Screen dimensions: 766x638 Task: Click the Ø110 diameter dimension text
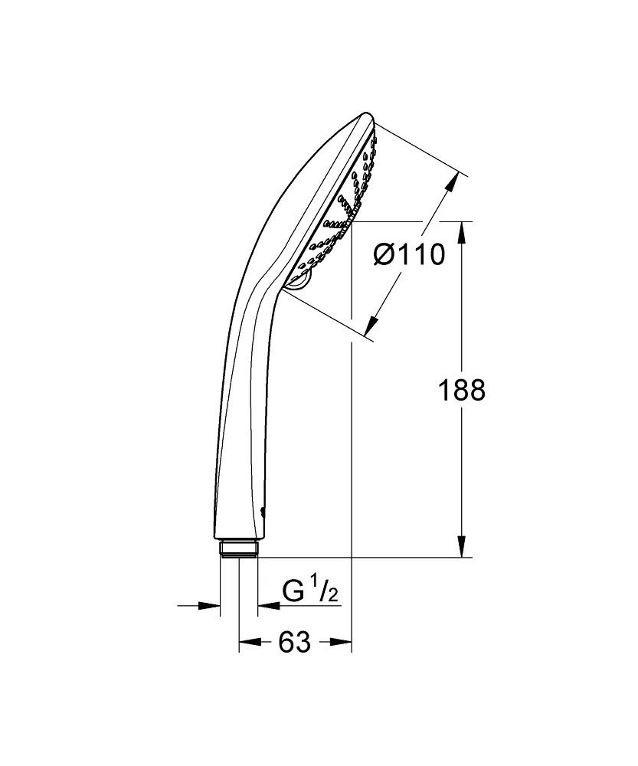(x=409, y=254)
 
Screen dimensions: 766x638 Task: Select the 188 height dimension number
(x=461, y=391)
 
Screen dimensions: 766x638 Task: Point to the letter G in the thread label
(x=293, y=591)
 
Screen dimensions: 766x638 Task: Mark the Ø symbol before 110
(x=385, y=254)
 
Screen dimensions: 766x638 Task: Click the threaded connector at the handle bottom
(x=238, y=550)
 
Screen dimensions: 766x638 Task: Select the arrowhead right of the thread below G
(x=267, y=606)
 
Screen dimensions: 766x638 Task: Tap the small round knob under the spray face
(x=303, y=279)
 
